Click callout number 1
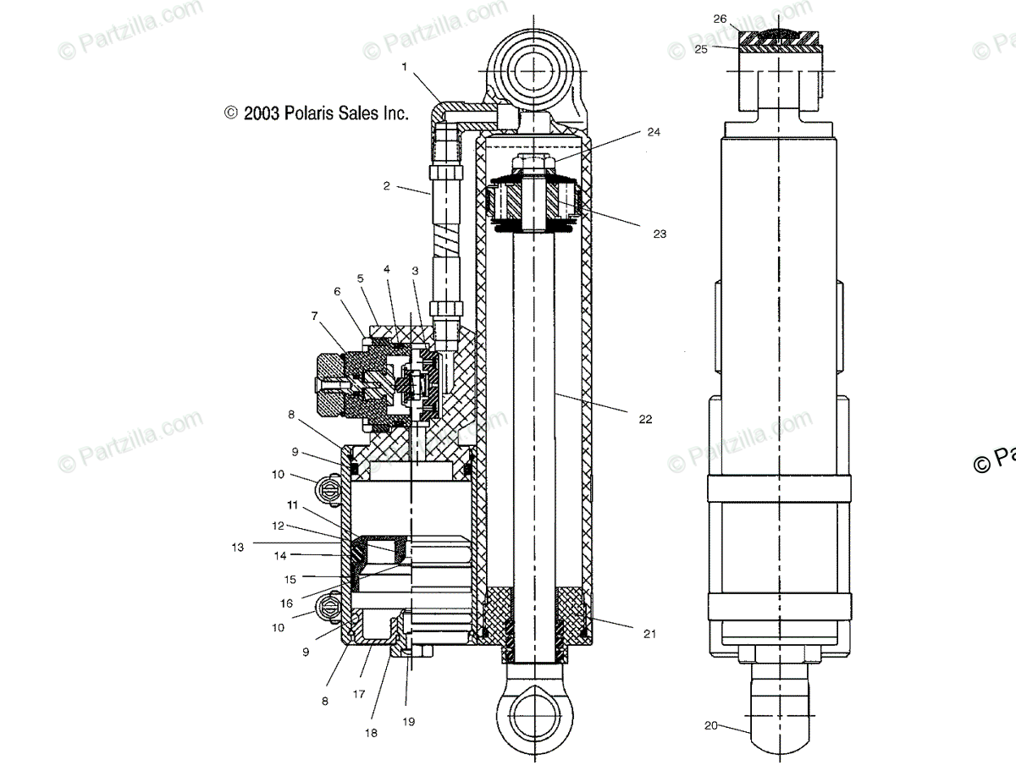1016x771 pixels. pos(404,66)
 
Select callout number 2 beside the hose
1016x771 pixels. pos(386,186)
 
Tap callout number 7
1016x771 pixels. pos(315,316)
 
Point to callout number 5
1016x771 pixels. pos(360,278)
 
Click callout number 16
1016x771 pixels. pos(287,603)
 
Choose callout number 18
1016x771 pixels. pos(371,734)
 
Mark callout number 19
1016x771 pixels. pos(409,722)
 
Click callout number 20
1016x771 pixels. pos(711,724)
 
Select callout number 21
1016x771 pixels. pos(649,633)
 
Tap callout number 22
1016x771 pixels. pos(645,419)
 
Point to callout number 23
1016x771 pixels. pos(660,234)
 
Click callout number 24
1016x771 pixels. pos(654,132)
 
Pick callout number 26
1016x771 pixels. pos(720,19)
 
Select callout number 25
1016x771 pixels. pos(701,49)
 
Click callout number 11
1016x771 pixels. pos(292,506)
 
